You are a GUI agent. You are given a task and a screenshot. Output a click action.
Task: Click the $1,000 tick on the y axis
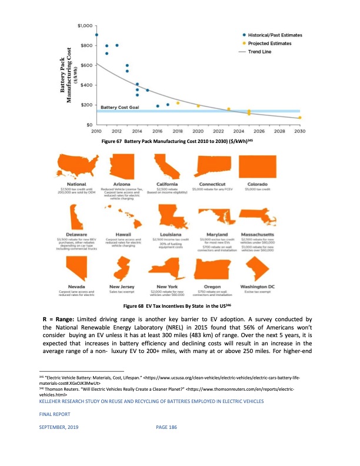(x=85, y=26)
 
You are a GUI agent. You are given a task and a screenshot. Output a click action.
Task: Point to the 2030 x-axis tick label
(x=299, y=131)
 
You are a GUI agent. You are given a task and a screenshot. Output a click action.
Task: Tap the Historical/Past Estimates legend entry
(x=274, y=35)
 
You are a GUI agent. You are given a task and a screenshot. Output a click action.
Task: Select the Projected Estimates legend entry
(x=269, y=44)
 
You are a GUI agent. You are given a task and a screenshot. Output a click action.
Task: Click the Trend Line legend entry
(x=261, y=52)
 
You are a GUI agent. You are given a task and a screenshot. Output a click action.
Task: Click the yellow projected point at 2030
(x=299, y=118)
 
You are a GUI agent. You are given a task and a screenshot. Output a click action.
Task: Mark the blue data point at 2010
(x=96, y=35)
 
